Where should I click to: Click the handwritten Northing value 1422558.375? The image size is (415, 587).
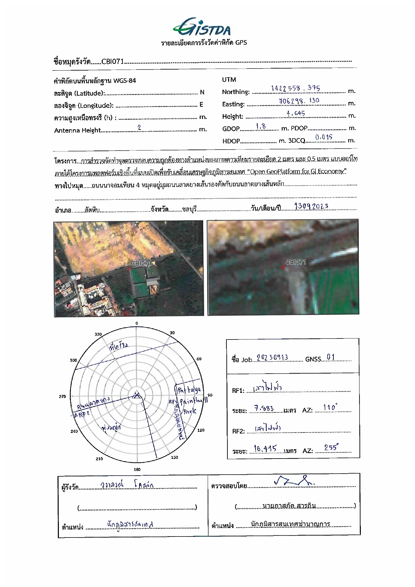(x=295, y=88)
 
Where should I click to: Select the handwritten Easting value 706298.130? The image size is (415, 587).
(x=299, y=100)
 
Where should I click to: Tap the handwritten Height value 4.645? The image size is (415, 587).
(x=296, y=113)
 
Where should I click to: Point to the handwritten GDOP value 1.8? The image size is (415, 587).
(x=261, y=126)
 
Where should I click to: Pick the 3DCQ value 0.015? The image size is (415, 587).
(x=323, y=137)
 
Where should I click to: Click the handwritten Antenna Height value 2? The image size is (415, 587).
(x=139, y=127)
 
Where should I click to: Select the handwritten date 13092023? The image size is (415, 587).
(x=311, y=206)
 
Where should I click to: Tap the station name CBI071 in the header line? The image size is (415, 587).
(x=113, y=62)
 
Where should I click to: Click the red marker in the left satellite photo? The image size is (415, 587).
(x=129, y=268)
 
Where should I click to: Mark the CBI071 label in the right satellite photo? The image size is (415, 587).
(x=296, y=262)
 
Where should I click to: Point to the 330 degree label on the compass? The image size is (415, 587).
(x=98, y=334)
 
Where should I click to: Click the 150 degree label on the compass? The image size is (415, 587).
(x=175, y=457)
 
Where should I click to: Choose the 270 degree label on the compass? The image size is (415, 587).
(x=62, y=396)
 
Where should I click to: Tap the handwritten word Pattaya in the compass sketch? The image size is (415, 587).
(x=189, y=390)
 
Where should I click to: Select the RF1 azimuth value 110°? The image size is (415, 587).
(x=330, y=407)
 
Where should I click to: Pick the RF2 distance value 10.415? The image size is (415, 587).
(x=265, y=449)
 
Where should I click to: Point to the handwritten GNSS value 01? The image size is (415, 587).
(x=330, y=357)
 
